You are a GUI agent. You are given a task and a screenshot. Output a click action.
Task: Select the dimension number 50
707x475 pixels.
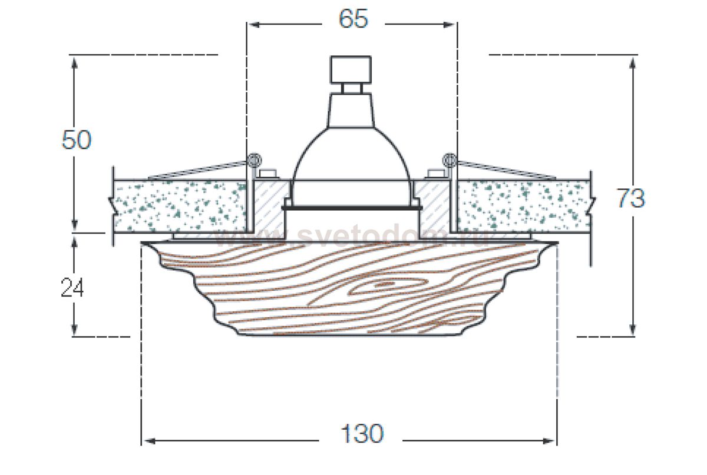pos(77,141)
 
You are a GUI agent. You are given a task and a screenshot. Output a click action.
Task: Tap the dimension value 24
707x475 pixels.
pos(72,288)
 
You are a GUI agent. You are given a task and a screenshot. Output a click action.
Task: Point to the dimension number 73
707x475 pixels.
pos(630,199)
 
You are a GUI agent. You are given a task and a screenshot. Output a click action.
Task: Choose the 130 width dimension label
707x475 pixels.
pos(362,434)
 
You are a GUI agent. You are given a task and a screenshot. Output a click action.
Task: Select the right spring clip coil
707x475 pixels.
pos(449,159)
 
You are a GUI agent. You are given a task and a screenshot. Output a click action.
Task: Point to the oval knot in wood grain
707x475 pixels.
pos(383,286)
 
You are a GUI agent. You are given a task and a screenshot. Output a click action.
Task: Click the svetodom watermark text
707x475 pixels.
pos(353,237)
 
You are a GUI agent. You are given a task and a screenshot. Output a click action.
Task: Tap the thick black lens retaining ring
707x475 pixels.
pos(352,207)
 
